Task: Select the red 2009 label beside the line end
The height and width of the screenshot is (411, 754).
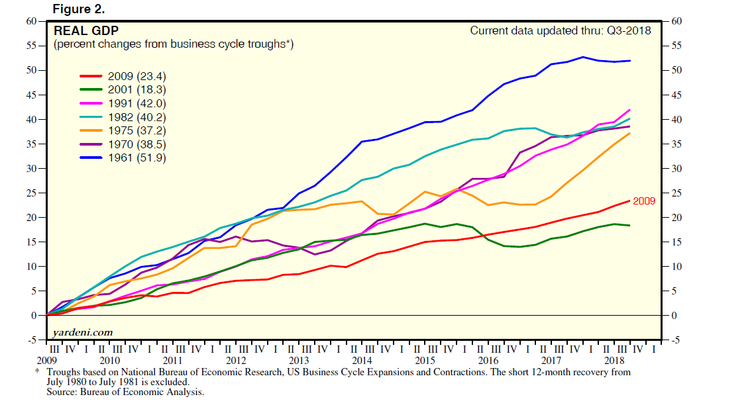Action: tap(644, 201)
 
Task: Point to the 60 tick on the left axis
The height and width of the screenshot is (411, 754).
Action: tap(30, 21)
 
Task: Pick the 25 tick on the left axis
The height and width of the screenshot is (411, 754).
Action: tap(30, 193)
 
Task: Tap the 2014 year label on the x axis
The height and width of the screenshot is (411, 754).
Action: tap(362, 361)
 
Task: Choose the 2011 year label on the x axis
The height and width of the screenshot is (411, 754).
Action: tap(172, 361)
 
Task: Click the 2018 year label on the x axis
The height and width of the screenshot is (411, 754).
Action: tap(614, 361)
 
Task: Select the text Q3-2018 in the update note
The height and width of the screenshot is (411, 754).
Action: tap(629, 30)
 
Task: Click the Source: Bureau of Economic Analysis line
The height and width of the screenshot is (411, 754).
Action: tap(125, 392)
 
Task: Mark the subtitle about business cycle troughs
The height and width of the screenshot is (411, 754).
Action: tap(174, 44)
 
